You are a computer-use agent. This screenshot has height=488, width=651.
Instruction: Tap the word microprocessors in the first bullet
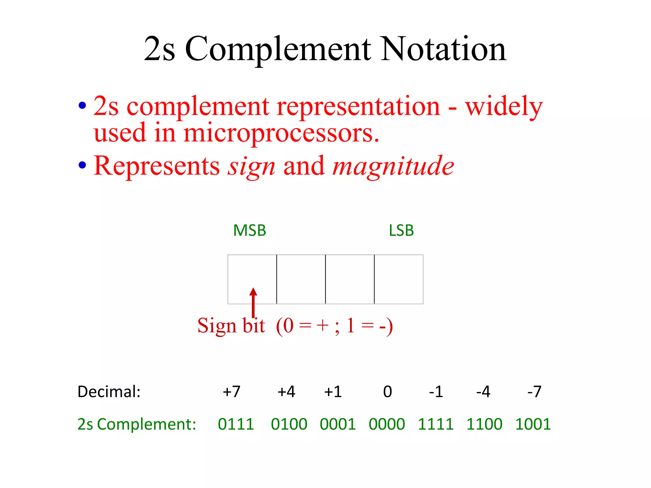[x=281, y=133]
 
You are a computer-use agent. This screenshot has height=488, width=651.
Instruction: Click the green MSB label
[x=250, y=230]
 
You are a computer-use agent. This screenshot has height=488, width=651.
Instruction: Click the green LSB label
[x=401, y=230]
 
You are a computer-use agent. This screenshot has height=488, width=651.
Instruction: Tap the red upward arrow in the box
[x=253, y=302]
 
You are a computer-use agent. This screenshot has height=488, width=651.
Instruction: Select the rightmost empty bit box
[x=399, y=279]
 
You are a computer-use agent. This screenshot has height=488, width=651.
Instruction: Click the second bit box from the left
[x=301, y=279]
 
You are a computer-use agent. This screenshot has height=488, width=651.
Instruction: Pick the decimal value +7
[x=231, y=392]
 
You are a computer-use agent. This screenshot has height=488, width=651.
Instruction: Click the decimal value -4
[x=483, y=392]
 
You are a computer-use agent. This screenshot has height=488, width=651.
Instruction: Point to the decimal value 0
[x=387, y=392]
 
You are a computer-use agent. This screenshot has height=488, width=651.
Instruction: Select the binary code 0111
[x=236, y=424]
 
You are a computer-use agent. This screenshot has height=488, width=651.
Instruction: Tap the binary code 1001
[x=533, y=424]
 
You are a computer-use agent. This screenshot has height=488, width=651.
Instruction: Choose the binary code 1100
[x=484, y=424]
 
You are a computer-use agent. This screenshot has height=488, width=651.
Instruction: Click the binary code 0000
[x=387, y=424]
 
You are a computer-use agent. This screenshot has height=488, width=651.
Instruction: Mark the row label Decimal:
[x=109, y=392]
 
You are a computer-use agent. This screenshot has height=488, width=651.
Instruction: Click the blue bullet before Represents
[x=82, y=165]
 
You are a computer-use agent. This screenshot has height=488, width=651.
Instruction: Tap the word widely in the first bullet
[x=504, y=107]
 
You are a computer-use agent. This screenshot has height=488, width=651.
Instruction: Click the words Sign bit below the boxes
[x=231, y=326]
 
